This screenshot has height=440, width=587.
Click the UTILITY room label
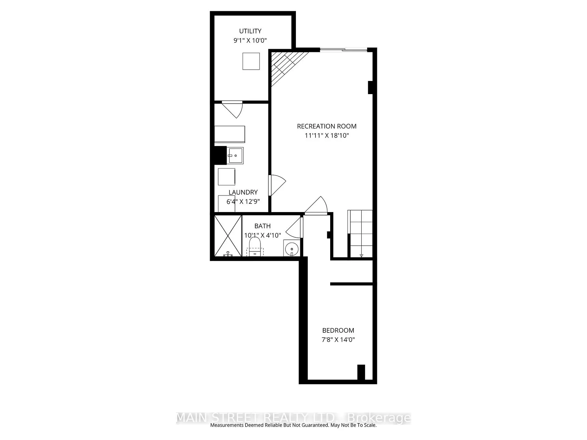coord(250,31)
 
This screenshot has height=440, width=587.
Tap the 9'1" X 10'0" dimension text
coord(250,40)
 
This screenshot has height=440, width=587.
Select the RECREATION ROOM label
coord(327,126)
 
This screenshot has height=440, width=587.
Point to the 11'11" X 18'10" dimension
coord(327,135)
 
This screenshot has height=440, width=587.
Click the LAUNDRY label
coord(243,192)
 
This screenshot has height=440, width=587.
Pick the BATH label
coord(262,226)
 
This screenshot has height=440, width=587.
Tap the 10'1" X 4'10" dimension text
coord(262,235)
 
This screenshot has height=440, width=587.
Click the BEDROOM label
coord(338,330)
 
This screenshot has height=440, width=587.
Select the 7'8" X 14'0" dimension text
coord(338,339)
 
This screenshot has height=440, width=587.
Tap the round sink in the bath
coord(292,248)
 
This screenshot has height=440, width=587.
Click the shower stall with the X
coord(228,236)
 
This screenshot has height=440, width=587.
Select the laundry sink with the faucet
coord(235,156)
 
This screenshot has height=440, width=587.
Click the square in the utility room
coord(251,61)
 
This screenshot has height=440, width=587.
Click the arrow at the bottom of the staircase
coord(361,255)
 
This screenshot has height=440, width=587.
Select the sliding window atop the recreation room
coord(343,50)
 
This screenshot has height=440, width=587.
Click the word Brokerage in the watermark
coord(379,418)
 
